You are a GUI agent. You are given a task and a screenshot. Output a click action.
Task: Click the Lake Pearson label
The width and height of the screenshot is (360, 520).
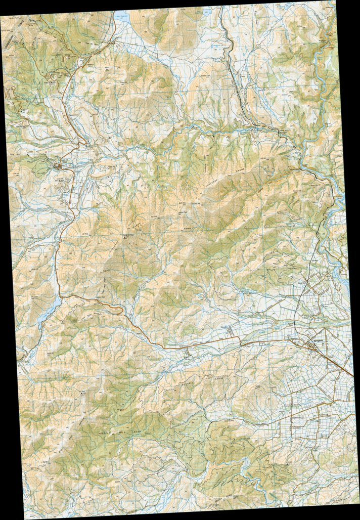click(x=122, y=18)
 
